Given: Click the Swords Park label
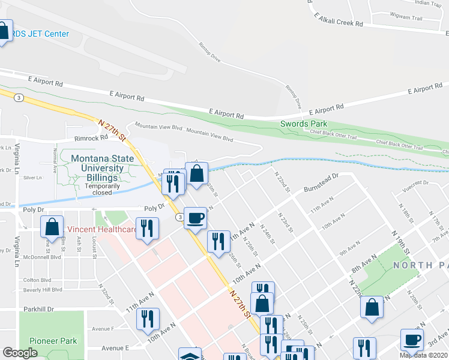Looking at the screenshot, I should [301, 124].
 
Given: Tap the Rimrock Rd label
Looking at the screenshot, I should [90, 137].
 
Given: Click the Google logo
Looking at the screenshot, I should [20, 353].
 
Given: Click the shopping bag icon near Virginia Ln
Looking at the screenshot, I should [52, 227].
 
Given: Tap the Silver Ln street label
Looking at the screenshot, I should [31, 178].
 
